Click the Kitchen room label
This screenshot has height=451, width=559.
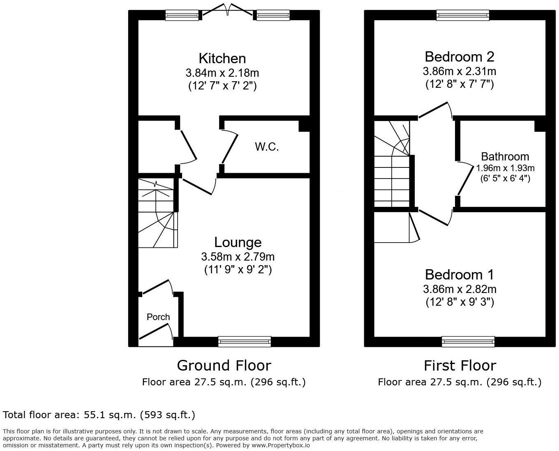coord(222,58)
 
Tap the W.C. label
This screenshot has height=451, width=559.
coord(267,147)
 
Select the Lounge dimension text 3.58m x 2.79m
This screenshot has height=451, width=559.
coord(238,257)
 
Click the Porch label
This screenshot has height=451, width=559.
coord(158,317)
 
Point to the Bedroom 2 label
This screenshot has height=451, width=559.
coord(459,56)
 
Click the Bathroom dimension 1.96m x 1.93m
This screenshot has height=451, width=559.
coord(505,168)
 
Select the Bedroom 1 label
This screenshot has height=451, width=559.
coord(459,274)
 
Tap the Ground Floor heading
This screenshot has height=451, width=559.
coord(224,365)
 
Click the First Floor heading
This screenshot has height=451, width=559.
coord(460,365)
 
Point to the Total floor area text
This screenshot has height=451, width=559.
coord(99,415)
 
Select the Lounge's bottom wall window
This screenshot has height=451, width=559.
coord(245,341)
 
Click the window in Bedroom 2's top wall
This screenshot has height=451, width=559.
coord(463,15)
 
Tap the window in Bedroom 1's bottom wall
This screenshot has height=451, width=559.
coord(468,341)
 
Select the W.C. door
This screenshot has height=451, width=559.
coord(230,148)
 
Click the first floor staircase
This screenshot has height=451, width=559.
coord(392,164)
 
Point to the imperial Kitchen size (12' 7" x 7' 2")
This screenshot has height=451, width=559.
coord(222,86)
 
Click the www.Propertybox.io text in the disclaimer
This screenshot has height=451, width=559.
coord(280,445)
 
